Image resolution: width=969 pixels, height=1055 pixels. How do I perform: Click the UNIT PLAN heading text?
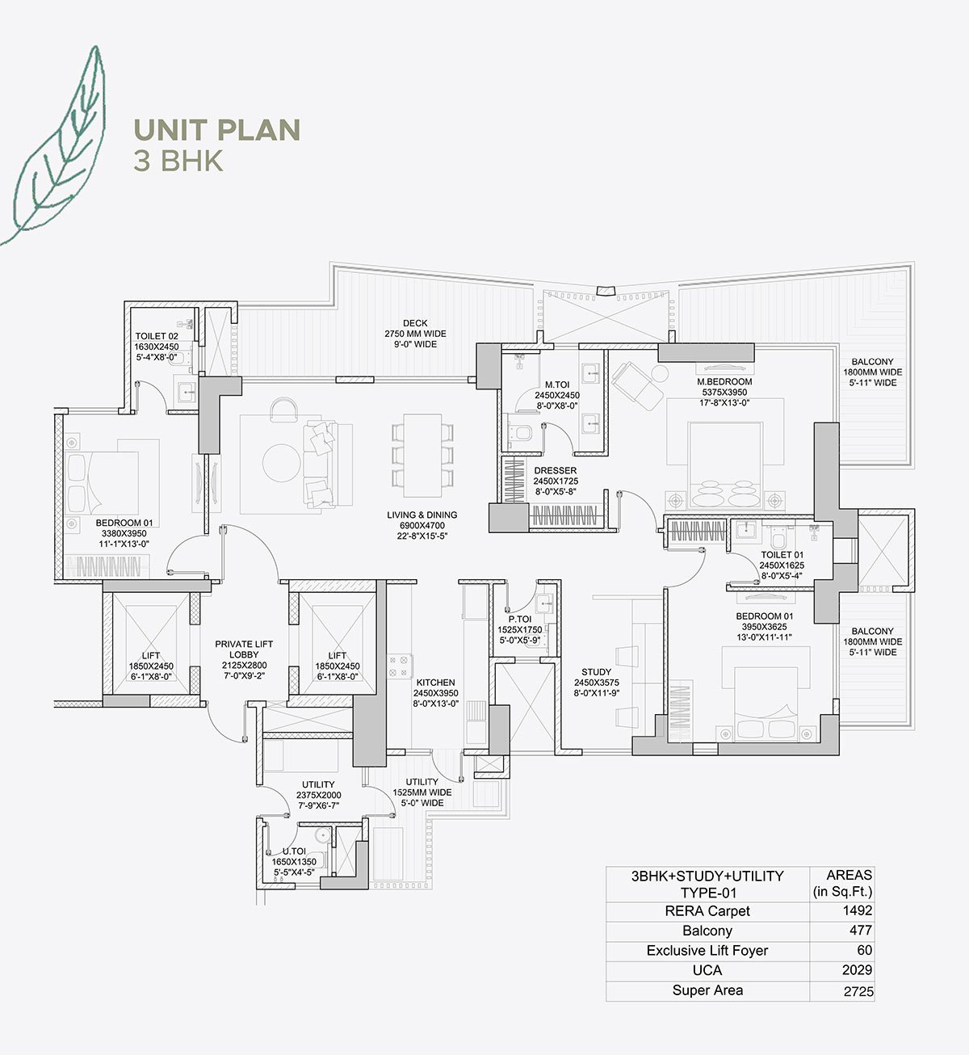coord(216,130)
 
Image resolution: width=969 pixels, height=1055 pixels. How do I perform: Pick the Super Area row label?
coord(707,990)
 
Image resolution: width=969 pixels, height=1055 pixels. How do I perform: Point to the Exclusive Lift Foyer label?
coord(707,951)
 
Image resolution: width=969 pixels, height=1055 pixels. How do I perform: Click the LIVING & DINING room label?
coord(422,515)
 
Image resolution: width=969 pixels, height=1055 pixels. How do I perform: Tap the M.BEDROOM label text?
coord(724,381)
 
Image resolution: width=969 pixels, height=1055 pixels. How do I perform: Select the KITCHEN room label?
coord(435,683)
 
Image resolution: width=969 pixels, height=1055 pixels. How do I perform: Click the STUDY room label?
coord(597,671)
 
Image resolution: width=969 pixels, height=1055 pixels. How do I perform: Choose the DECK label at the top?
coord(415,323)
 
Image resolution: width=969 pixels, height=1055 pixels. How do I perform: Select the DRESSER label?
coord(555,470)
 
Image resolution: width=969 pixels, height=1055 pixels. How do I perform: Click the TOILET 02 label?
coord(157,336)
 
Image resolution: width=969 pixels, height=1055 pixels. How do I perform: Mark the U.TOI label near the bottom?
coord(295,851)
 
